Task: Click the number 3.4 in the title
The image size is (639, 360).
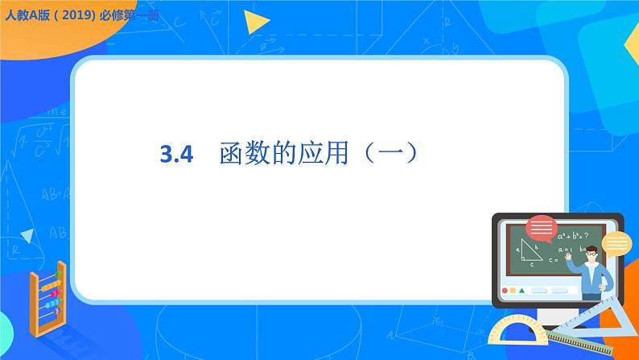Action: coord(178,154)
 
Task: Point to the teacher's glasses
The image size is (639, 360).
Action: coord(592,254)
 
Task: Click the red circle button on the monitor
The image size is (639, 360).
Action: coord(505,290)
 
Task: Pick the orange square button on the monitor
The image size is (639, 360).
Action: coord(513,290)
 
